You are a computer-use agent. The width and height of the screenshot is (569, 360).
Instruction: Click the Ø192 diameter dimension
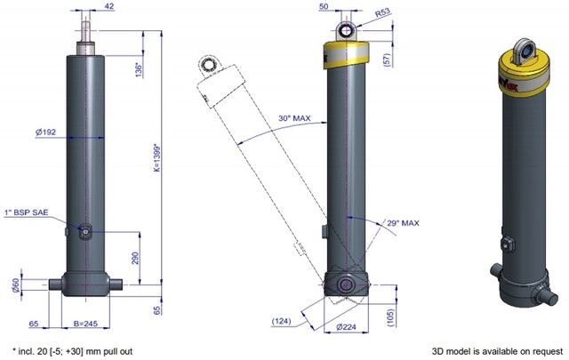click(x=45, y=132)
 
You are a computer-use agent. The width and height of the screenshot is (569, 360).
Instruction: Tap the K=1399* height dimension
click(x=156, y=158)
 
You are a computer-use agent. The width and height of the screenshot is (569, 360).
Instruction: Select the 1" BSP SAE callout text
click(x=26, y=212)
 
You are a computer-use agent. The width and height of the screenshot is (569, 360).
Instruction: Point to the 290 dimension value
click(x=136, y=258)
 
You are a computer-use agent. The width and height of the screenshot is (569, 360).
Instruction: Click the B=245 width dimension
click(x=85, y=324)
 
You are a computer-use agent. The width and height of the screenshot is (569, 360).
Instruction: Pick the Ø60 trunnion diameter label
click(x=16, y=285)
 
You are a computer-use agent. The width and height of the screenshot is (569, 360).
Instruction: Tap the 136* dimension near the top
click(x=139, y=71)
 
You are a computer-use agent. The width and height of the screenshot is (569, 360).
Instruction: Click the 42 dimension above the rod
click(x=108, y=6)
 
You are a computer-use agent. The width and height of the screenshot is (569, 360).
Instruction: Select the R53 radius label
click(x=383, y=12)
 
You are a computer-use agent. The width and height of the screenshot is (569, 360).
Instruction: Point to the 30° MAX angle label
click(x=294, y=118)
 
